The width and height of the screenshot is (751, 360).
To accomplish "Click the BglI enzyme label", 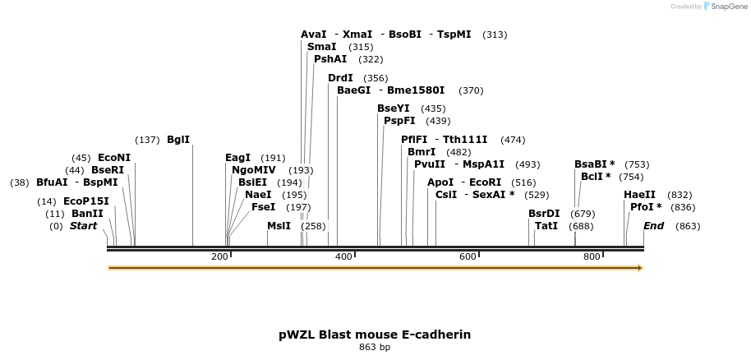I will [178, 140].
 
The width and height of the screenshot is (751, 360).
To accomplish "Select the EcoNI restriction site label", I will [114, 158].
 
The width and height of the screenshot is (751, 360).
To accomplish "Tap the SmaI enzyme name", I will [321, 47].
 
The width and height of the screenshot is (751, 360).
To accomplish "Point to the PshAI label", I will [330, 59].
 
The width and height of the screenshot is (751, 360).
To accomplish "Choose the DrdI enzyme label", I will [340, 78].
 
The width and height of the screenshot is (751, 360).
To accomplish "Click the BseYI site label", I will [394, 108].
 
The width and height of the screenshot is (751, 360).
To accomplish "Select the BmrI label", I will [422, 152].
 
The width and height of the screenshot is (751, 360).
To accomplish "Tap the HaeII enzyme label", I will [640, 195].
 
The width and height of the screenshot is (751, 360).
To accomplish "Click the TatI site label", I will [546, 226].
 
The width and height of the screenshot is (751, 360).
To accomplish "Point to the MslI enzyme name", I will [279, 226].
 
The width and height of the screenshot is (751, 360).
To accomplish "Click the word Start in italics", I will [83, 226].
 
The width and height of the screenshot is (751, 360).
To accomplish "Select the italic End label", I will [653, 226].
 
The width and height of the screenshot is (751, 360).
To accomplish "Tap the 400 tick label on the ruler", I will [343, 257].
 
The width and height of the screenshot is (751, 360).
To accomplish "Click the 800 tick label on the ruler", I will [592, 257].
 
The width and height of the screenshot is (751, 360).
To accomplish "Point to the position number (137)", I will [147, 140].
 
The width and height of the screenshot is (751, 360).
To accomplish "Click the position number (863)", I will [688, 226].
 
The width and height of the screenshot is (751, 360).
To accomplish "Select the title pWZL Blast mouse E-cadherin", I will [375, 335].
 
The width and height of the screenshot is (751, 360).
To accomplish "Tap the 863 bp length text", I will [375, 348].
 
